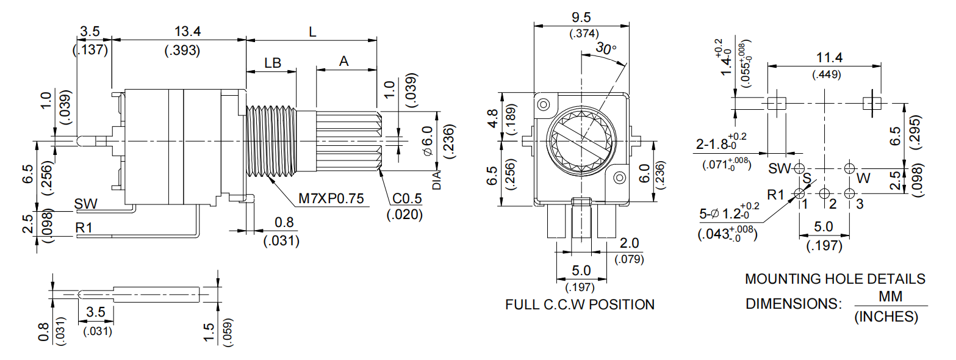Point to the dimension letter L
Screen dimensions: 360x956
pos(312,32)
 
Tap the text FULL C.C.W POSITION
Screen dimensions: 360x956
pos(580,304)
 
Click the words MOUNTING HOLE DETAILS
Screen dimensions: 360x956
pos(835,279)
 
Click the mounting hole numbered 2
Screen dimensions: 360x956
pos(824,193)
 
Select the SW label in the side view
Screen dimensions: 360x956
pos(85,203)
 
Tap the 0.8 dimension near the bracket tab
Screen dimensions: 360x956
pos(281,222)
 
